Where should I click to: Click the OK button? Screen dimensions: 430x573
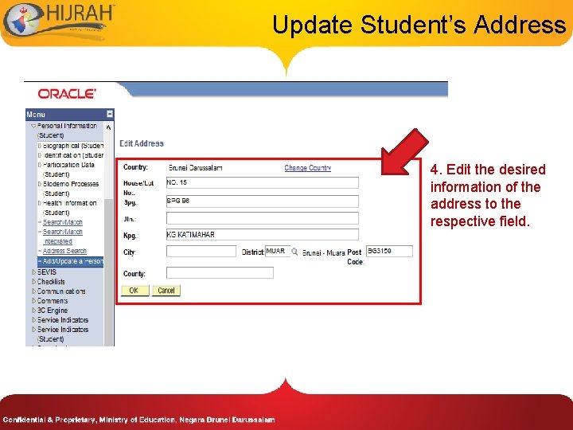pyautogui.click(x=134, y=291)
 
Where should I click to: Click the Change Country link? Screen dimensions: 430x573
pyautogui.click(x=307, y=168)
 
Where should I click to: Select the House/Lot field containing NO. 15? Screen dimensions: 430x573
pyautogui.click(x=262, y=182)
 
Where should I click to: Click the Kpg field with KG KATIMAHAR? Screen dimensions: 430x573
pyautogui.click(x=262, y=235)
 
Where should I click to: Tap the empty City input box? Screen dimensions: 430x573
pyautogui.click(x=201, y=252)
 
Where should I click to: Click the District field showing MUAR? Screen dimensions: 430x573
pyautogui.click(x=276, y=252)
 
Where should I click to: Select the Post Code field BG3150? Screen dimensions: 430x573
pyautogui.click(x=389, y=252)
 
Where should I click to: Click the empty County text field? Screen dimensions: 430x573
pyautogui.click(x=220, y=273)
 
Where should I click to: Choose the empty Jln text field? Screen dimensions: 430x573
pyautogui.click(x=262, y=217)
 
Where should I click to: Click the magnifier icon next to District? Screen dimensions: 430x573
pyautogui.click(x=294, y=252)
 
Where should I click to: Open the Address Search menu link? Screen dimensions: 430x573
pyautogui.click(x=64, y=252)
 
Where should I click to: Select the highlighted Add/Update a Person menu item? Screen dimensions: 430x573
pyautogui.click(x=72, y=261)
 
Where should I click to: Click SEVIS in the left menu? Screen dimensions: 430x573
pyautogui.click(x=47, y=272)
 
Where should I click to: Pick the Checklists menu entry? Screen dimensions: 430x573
pyautogui.click(x=51, y=281)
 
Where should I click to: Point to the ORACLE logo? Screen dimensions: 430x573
pyautogui.click(x=68, y=94)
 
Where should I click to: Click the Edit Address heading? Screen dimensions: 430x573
pyautogui.click(x=142, y=143)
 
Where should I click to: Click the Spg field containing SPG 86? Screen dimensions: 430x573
pyautogui.click(x=262, y=201)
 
